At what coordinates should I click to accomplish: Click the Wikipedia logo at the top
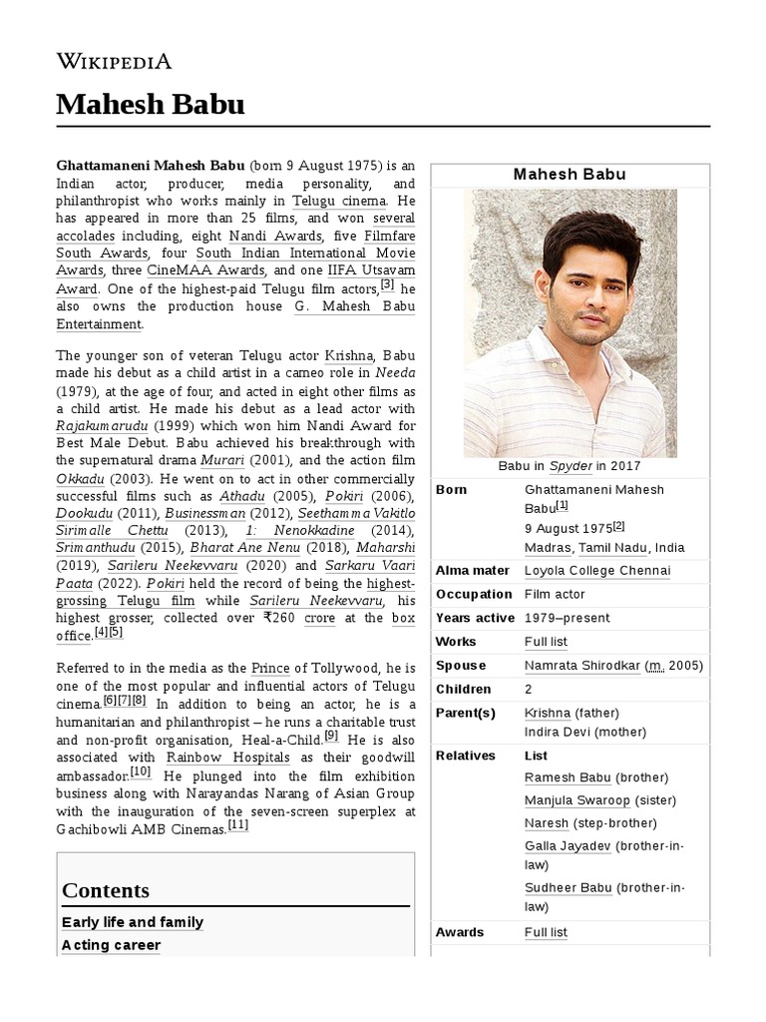pyautogui.click(x=114, y=62)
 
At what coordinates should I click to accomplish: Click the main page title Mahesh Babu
pyautogui.click(x=150, y=104)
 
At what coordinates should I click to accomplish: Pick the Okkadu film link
pyautogui.click(x=81, y=478)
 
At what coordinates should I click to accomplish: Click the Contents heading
pyautogui.click(x=106, y=890)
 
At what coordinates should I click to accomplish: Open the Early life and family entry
pyautogui.click(x=133, y=922)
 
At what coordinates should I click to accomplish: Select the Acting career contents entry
pyautogui.click(x=111, y=945)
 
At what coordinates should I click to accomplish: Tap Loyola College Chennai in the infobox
pyautogui.click(x=597, y=571)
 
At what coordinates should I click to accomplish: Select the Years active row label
pyautogui.click(x=475, y=618)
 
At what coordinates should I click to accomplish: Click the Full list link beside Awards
pyautogui.click(x=546, y=932)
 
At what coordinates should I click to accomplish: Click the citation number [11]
pyautogui.click(x=238, y=825)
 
